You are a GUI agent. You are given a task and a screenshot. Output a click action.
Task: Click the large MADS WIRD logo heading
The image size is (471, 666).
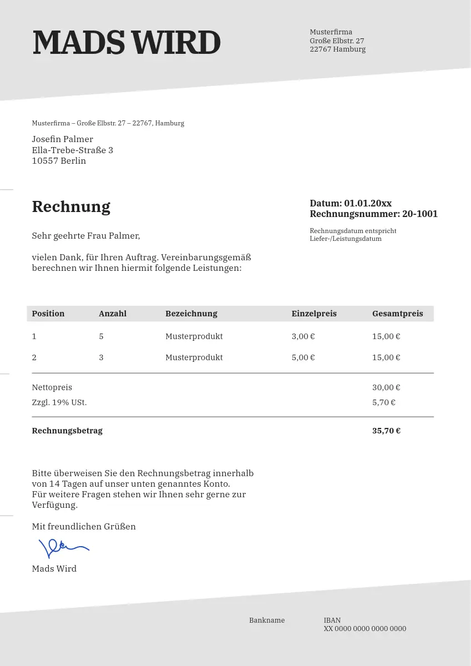point(126,43)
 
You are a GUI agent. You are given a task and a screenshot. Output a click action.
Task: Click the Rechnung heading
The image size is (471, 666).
point(71,206)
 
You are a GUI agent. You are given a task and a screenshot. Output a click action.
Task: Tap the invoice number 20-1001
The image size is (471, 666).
point(420,214)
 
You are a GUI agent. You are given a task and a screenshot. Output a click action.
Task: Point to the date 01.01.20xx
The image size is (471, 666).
point(368,203)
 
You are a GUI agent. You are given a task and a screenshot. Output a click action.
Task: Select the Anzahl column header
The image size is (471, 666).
point(113,314)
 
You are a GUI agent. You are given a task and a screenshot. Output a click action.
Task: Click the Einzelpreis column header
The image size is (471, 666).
point(314,314)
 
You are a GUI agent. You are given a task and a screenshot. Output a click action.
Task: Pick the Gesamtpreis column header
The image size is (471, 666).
point(397,314)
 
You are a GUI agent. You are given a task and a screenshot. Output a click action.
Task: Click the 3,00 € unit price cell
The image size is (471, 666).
point(303,336)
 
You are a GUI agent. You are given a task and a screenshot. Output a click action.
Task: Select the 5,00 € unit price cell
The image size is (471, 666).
point(303,357)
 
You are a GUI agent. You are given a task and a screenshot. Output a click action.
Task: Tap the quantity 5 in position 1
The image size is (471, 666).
point(101,336)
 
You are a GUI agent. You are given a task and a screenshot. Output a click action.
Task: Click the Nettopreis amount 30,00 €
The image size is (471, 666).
point(386,387)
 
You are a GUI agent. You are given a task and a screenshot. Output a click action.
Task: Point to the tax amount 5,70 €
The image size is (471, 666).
point(383,402)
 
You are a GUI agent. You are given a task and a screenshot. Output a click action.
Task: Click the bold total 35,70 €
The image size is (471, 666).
point(386,431)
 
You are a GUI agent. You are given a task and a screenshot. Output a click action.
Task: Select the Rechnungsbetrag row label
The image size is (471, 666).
point(67,431)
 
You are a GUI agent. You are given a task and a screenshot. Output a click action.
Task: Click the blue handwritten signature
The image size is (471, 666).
point(63,548)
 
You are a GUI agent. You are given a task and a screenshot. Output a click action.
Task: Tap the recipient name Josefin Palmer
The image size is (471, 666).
point(62,139)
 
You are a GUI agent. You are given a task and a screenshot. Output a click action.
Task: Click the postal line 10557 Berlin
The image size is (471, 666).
point(59,161)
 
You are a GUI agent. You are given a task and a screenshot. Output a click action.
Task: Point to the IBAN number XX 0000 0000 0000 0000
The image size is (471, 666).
point(365,629)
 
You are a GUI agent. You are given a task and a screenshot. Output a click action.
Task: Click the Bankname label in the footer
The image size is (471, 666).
point(267,620)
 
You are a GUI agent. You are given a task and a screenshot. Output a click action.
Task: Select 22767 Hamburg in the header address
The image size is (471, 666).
point(337,49)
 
